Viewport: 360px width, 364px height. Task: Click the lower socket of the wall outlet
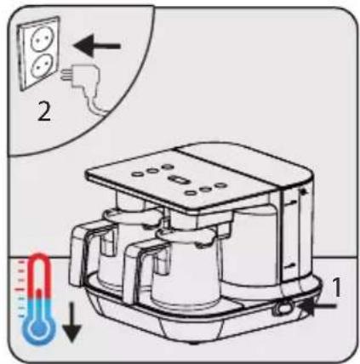tap(42, 65)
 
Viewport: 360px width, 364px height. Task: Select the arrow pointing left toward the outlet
tap(97, 46)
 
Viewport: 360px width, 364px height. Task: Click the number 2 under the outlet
tap(44, 111)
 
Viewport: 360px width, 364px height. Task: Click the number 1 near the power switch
tap(336, 287)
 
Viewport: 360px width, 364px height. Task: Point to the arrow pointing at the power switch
tap(318, 306)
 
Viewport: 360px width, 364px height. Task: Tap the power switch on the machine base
tap(283, 308)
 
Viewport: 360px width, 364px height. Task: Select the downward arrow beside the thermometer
tap(71, 322)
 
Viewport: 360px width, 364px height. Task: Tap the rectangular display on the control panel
tap(176, 179)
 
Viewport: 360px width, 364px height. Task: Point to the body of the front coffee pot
tap(186, 270)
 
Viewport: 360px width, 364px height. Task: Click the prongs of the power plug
tap(65, 75)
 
